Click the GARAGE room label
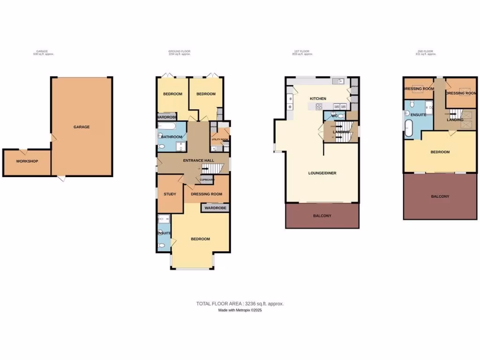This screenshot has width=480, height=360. [81, 127]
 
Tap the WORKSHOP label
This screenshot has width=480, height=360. [27, 161]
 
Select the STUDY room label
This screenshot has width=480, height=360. [169, 194]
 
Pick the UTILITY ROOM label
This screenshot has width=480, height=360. [220, 140]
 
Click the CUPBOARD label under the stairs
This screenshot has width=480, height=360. [207, 180]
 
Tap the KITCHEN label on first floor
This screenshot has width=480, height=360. [318, 99]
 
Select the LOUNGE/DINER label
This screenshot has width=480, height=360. [322, 173]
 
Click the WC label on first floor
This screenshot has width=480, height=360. [334, 116]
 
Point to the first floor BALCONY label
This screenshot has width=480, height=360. [322, 216]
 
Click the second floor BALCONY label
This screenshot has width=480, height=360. [440, 196]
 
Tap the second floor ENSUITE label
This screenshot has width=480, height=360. [418, 114]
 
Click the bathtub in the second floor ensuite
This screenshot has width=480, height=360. [409, 128]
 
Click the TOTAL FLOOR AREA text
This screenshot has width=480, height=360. [240, 304]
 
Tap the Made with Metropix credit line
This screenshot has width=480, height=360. [240, 310]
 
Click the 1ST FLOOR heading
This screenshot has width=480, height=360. [301, 51]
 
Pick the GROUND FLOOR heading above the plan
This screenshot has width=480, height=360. [179, 51]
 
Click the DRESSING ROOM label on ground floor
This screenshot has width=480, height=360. [206, 194]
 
